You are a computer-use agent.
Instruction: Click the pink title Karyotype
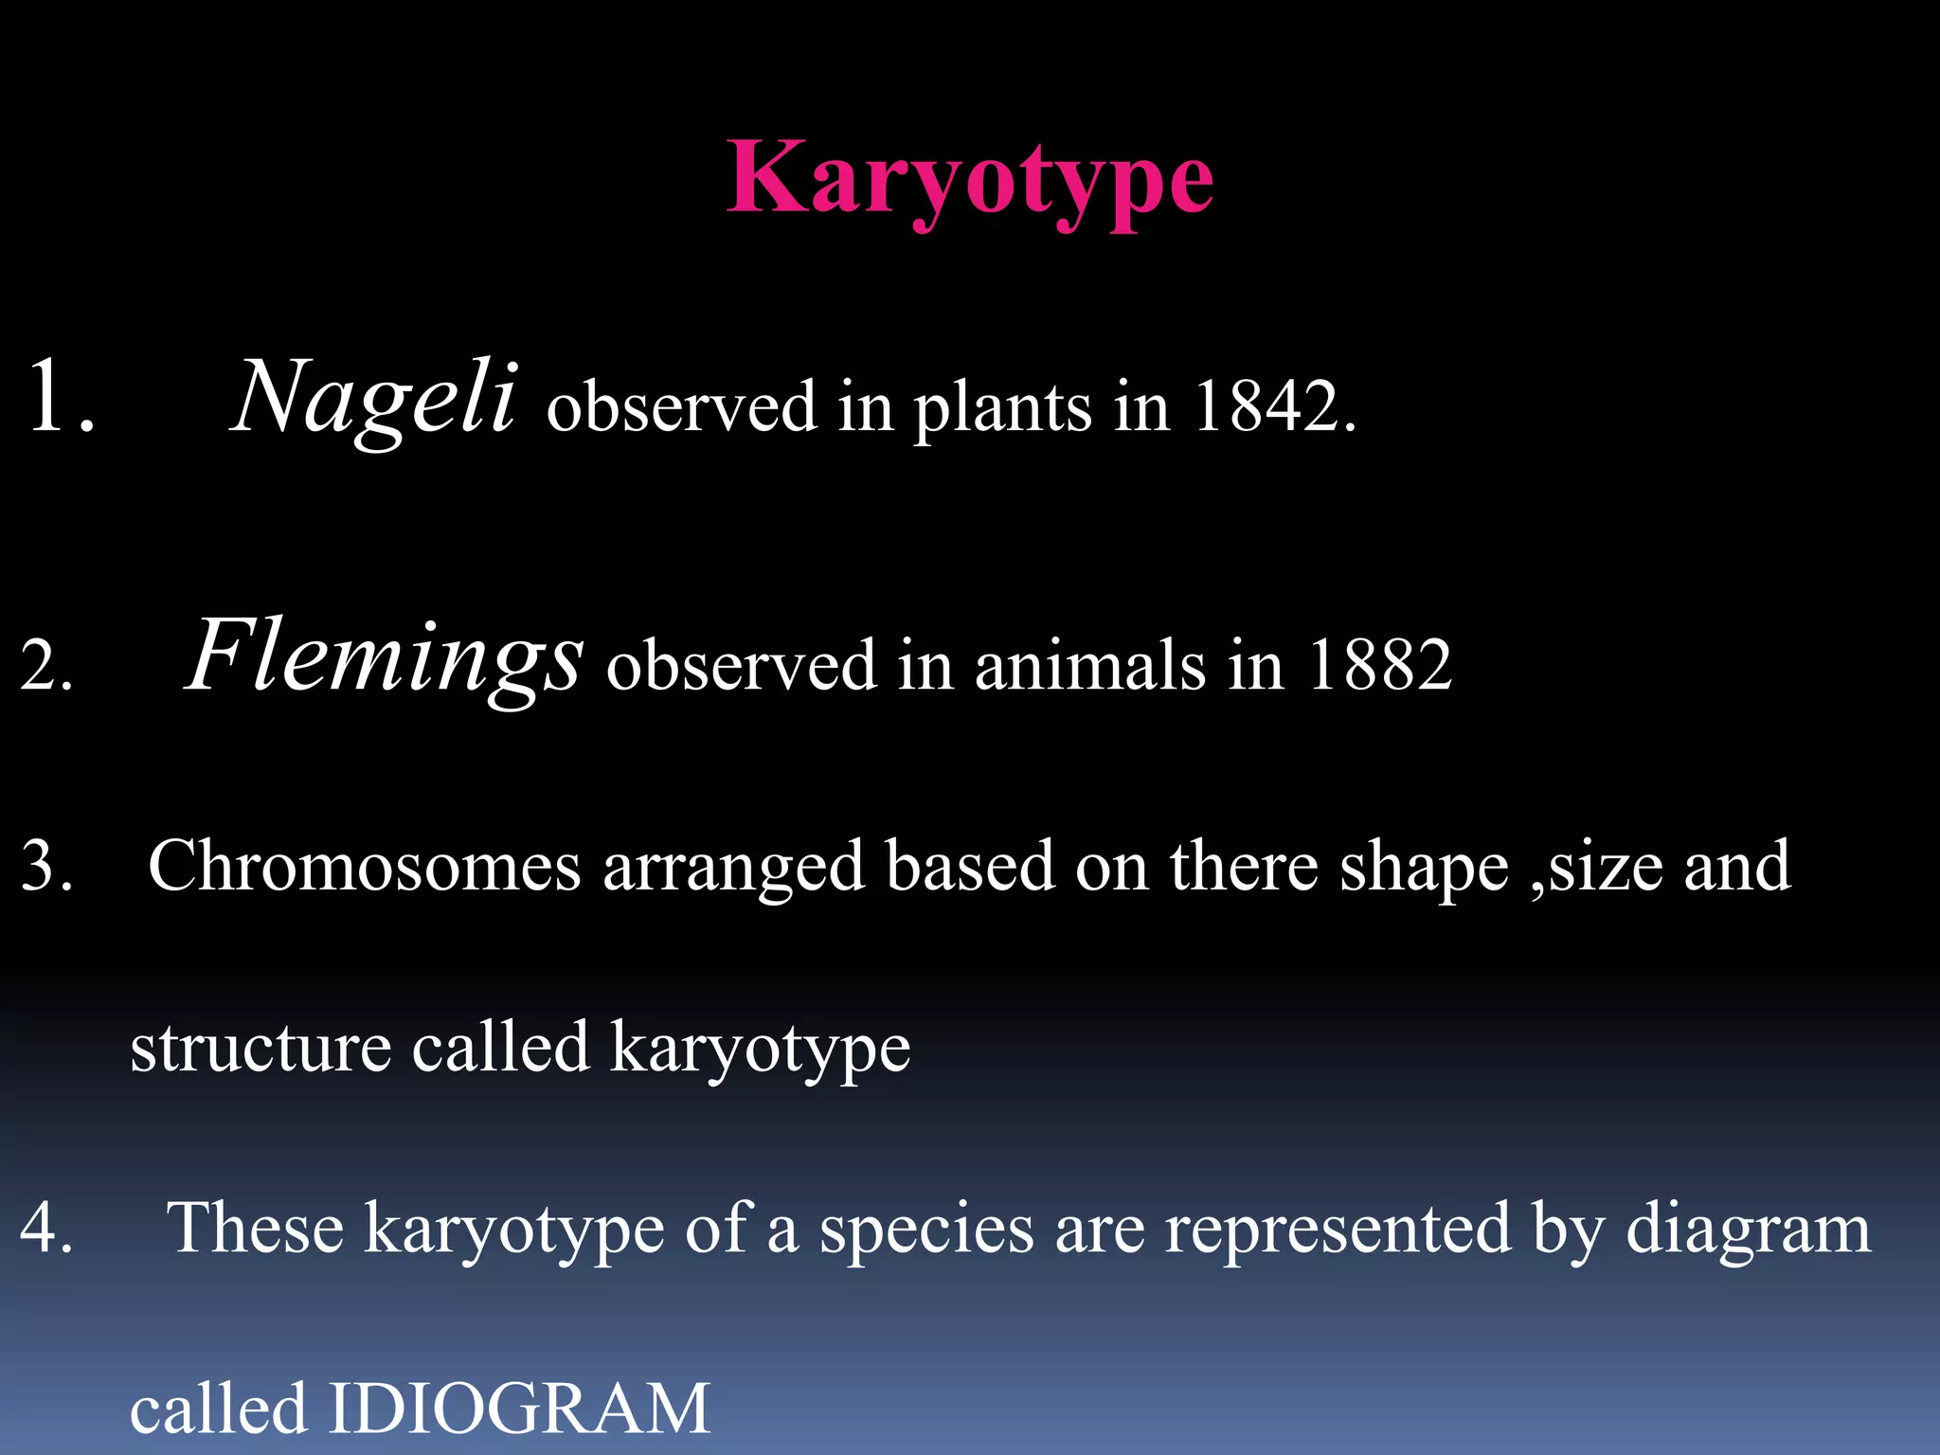[969, 180]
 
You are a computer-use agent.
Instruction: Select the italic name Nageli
[374, 398]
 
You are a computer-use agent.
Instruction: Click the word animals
[1089, 665]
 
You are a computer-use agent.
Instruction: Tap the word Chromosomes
[365, 866]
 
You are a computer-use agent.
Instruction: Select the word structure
[260, 1048]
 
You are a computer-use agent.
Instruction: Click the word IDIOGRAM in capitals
[519, 1409]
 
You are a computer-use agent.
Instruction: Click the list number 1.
[59, 398]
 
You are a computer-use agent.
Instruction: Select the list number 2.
[45, 666]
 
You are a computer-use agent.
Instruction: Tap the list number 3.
[45, 867]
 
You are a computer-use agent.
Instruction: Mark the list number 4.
[45, 1229]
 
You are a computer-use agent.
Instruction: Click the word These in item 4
[254, 1229]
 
